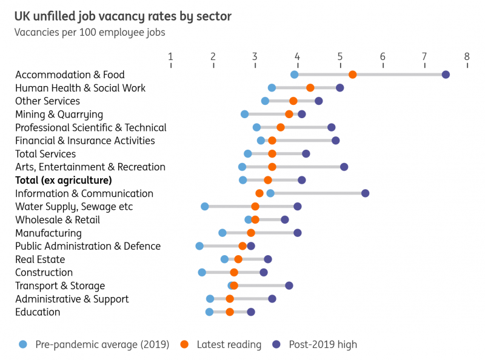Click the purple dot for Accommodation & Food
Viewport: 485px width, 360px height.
pos(446,75)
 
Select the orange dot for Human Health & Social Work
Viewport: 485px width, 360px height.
pos(310,88)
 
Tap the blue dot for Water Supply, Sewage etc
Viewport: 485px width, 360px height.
pos(205,207)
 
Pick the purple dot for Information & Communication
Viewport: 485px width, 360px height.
pos(365,193)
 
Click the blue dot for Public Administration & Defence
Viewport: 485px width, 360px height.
pos(199,246)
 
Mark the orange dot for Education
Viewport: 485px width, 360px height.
pos(230,312)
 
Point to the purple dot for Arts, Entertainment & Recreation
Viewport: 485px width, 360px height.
pos(344,167)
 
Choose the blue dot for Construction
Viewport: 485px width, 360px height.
pos(202,273)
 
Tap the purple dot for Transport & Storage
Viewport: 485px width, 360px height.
pos(289,285)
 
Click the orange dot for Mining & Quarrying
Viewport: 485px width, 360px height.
pos(289,114)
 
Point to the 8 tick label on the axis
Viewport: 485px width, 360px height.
pos(467,57)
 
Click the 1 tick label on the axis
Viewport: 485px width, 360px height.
pos(170,57)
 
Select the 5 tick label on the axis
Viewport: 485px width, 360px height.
pos(340,57)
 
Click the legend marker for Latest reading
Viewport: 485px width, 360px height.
pos(184,344)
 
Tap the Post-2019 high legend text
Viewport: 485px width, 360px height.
pos(323,345)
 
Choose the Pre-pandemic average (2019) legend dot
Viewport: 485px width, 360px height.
pos(23,344)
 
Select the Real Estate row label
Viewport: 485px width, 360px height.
pos(40,259)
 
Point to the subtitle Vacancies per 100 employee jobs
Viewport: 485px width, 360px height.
pos(90,32)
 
